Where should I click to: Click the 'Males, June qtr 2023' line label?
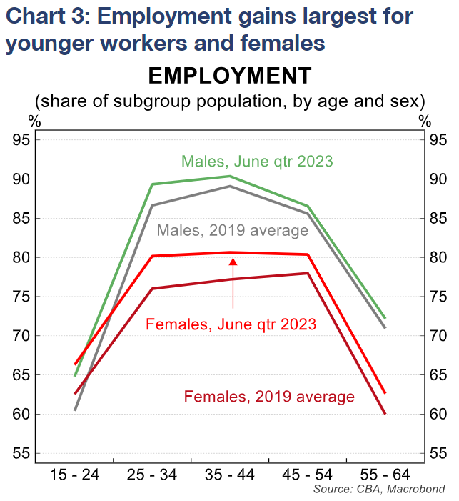(257, 161)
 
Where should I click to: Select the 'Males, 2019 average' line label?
(232, 231)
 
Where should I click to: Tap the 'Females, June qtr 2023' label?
(231, 324)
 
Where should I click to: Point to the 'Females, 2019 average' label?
(269, 396)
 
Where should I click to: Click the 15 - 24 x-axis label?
(75, 474)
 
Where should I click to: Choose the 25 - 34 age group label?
(152, 474)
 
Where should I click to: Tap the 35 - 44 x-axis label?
(230, 474)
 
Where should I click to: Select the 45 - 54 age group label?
(308, 474)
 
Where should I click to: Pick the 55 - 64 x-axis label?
(385, 474)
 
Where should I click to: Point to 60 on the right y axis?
(438, 415)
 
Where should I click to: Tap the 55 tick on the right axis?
(438, 454)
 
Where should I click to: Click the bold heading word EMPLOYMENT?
(229, 76)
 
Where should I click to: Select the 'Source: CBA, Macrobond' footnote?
(379, 489)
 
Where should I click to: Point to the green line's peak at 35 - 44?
(230, 176)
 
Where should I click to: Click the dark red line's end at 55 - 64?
(385, 413)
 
